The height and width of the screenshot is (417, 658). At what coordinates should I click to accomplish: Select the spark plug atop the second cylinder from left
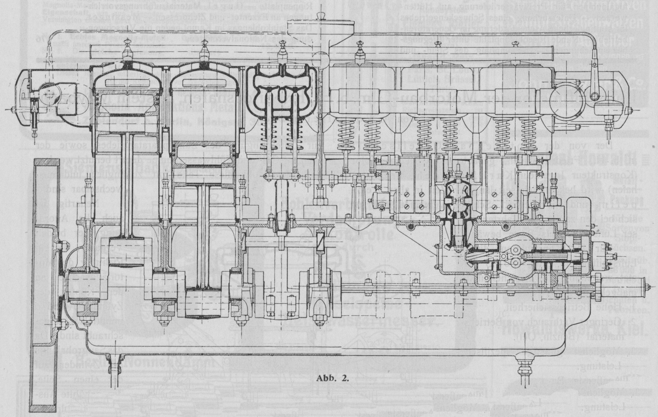tap(204, 51)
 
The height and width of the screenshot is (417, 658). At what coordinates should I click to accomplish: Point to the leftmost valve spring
tap(271, 134)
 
